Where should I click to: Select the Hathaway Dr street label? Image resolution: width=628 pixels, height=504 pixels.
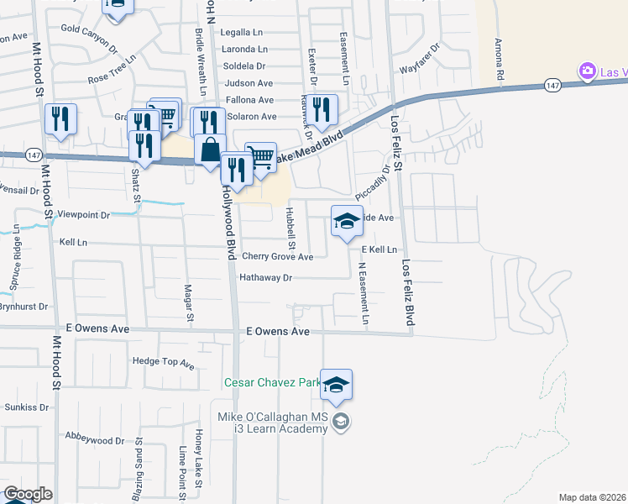pos(265,277)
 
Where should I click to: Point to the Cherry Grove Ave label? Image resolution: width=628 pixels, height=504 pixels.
pos(277,256)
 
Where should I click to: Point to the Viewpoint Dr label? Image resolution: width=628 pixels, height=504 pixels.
pos(81,215)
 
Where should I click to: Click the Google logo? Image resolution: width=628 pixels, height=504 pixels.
pos(28,493)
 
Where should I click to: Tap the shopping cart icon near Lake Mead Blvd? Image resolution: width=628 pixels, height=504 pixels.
pos(262,156)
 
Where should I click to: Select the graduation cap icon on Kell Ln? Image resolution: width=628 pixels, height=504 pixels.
pos(347,222)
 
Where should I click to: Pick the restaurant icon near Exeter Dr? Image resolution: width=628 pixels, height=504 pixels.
pos(320,109)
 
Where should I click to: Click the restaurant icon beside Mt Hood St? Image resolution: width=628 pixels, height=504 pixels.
pos(60,119)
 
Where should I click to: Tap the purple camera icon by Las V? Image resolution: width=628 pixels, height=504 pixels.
pos(588,72)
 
